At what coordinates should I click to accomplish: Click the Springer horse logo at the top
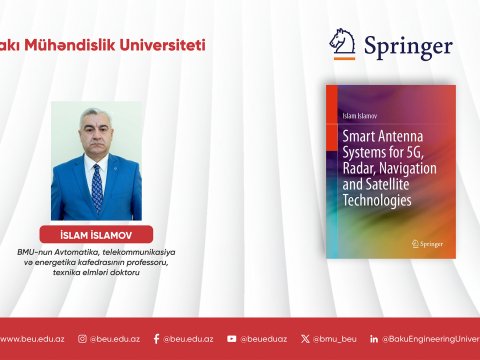tap(343, 44)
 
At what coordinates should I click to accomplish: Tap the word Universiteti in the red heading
tap(168, 45)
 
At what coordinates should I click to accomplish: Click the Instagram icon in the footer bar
tap(83, 339)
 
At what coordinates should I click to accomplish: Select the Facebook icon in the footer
tap(157, 339)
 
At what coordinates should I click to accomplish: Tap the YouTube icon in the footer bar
tap(232, 339)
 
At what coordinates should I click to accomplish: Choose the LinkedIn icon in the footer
tap(373, 339)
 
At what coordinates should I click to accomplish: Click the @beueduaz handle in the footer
tap(263, 339)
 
